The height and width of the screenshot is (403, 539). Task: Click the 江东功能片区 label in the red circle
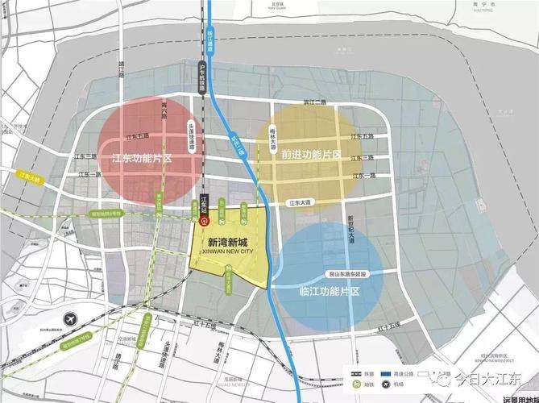point(143,159)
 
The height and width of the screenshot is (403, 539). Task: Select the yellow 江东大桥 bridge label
point(29,176)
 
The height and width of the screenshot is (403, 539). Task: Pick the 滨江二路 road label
point(314,102)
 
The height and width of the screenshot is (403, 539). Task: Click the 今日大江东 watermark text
point(492,377)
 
